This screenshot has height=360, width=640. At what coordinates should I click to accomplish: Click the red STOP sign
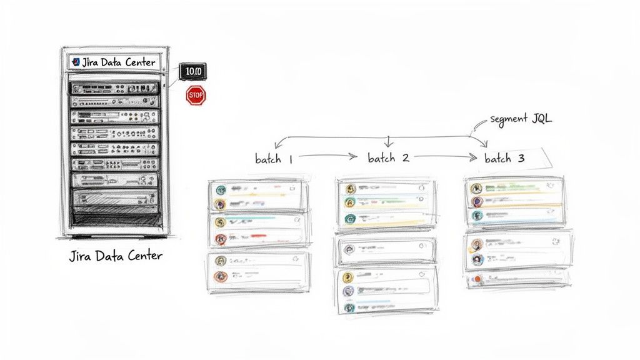196,96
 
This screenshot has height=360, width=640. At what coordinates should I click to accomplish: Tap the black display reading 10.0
192,72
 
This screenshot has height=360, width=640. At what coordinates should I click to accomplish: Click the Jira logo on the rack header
76,62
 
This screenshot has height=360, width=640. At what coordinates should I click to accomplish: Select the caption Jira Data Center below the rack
116,256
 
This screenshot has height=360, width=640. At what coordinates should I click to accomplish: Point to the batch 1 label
274,159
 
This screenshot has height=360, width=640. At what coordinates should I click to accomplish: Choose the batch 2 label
388,158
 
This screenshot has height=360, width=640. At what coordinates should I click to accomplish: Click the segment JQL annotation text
521,119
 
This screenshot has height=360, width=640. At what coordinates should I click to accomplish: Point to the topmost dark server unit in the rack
114,87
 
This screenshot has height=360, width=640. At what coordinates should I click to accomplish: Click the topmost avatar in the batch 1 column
220,190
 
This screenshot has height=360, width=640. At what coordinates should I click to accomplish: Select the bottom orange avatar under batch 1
219,276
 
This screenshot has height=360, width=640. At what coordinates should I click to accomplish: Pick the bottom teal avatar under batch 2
349,307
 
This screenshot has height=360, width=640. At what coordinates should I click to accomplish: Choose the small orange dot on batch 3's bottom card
477,279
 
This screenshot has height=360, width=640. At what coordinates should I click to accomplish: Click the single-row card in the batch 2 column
387,250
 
